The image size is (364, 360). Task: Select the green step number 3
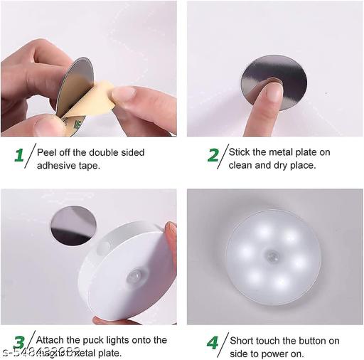[19, 343]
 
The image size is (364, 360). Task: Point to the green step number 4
[213, 343]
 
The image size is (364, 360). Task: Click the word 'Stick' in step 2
[240, 152]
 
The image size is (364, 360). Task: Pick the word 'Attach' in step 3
[50, 340]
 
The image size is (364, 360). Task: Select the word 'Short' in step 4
[242, 340]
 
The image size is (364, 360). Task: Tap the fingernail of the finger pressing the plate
[274, 91]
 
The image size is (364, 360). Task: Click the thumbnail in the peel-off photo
[122, 94]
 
